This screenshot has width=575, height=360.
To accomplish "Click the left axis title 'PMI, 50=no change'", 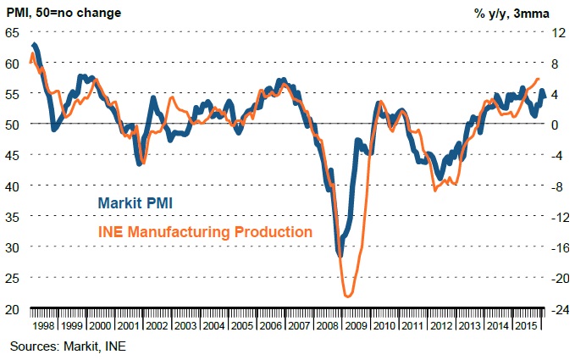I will pos(64,13).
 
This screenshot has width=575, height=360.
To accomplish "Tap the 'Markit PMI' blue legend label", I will pos(148,202).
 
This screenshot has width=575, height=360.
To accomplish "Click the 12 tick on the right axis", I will pos(556,32).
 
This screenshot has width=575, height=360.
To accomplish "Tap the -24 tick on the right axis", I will pos(556,309).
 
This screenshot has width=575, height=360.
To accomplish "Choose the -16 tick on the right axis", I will pos(556,247).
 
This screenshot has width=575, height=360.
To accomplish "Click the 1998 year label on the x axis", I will pos(43,325).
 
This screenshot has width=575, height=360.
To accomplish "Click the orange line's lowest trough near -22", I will pos(348,296).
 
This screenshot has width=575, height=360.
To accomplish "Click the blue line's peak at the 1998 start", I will pos(34,44).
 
